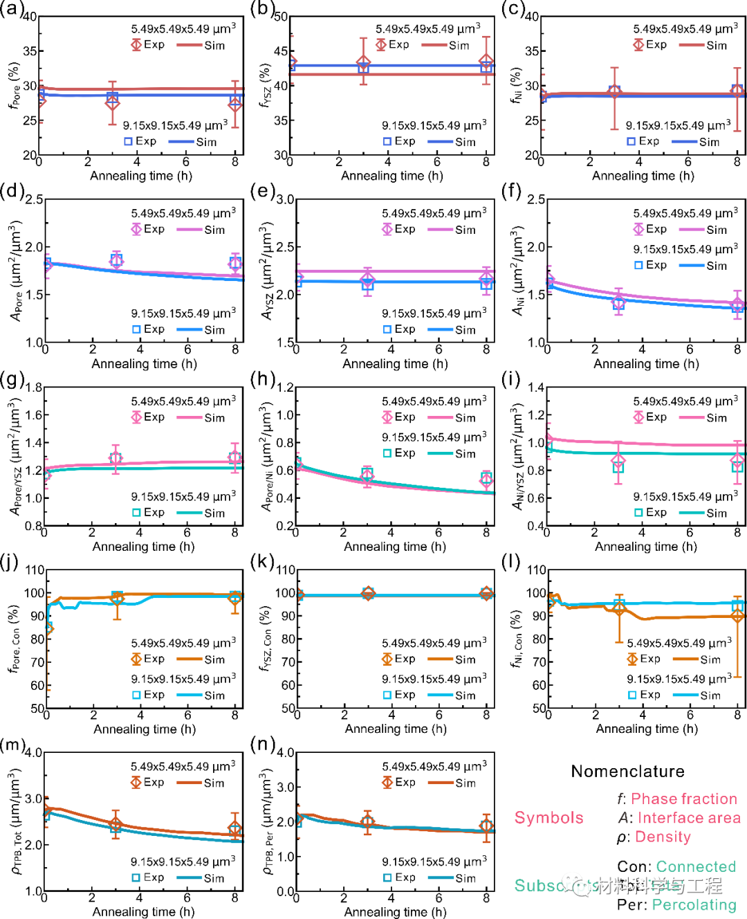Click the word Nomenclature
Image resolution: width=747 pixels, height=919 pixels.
coord(627,772)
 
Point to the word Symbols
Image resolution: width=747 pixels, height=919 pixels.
coord(548,818)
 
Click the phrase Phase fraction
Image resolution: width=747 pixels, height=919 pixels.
coord(683,799)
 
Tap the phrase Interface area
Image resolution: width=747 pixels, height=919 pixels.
coord(689,818)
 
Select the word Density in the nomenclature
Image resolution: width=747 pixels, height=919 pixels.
coord(663,837)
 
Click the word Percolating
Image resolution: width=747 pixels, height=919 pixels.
coord(694,904)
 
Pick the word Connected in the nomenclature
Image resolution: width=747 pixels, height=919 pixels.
coord(696,866)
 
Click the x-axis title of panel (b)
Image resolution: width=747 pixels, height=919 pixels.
coord(391,176)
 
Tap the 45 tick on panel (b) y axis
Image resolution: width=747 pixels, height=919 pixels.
coord(280,51)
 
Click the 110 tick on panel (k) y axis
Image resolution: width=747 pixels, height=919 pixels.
coord(286,570)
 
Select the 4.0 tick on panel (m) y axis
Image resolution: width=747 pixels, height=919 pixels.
coord(33,753)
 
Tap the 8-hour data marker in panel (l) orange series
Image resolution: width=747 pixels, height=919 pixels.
coord(737,616)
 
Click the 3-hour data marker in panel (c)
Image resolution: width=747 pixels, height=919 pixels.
coord(614,91)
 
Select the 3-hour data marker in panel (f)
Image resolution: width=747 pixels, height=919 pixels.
coord(619,302)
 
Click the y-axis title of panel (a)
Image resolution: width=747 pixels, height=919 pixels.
coord(13,85)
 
